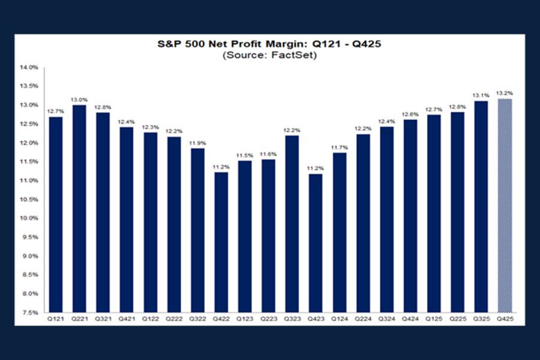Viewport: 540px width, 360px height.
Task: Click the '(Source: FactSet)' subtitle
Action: click(269, 55)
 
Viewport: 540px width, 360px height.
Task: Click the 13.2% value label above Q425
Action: click(505, 94)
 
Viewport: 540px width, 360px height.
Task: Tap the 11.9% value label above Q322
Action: click(197, 143)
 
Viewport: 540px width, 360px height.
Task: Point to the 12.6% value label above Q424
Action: click(410, 115)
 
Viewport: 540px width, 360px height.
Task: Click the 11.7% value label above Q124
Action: click(340, 148)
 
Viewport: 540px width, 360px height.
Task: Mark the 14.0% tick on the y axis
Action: click(30, 68)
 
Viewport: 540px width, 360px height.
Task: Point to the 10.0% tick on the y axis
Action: click(30, 218)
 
